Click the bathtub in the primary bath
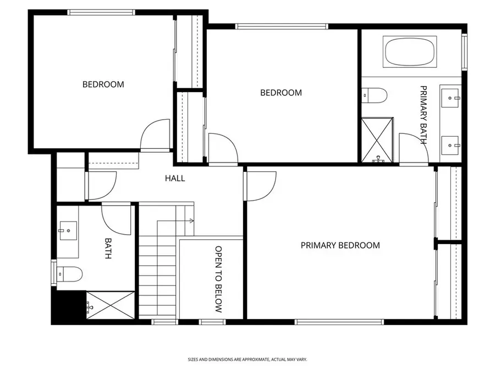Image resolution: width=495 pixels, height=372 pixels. [410, 52]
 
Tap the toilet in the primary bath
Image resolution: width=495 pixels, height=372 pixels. [375, 95]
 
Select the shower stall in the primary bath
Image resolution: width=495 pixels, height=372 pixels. [377, 140]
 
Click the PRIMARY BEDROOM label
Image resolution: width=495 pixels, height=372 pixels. [340, 245]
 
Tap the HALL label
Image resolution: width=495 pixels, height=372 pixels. [175, 179]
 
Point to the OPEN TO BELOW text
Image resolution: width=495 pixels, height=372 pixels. [218, 279]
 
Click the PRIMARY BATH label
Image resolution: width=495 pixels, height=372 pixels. [424, 115]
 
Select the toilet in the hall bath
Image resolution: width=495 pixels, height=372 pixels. [69, 273]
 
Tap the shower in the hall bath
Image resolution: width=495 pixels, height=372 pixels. [111, 305]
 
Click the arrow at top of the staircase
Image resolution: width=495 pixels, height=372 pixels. [191, 221]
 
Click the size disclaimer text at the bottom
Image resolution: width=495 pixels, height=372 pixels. [247, 359]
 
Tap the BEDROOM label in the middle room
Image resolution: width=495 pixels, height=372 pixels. [280, 93]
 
